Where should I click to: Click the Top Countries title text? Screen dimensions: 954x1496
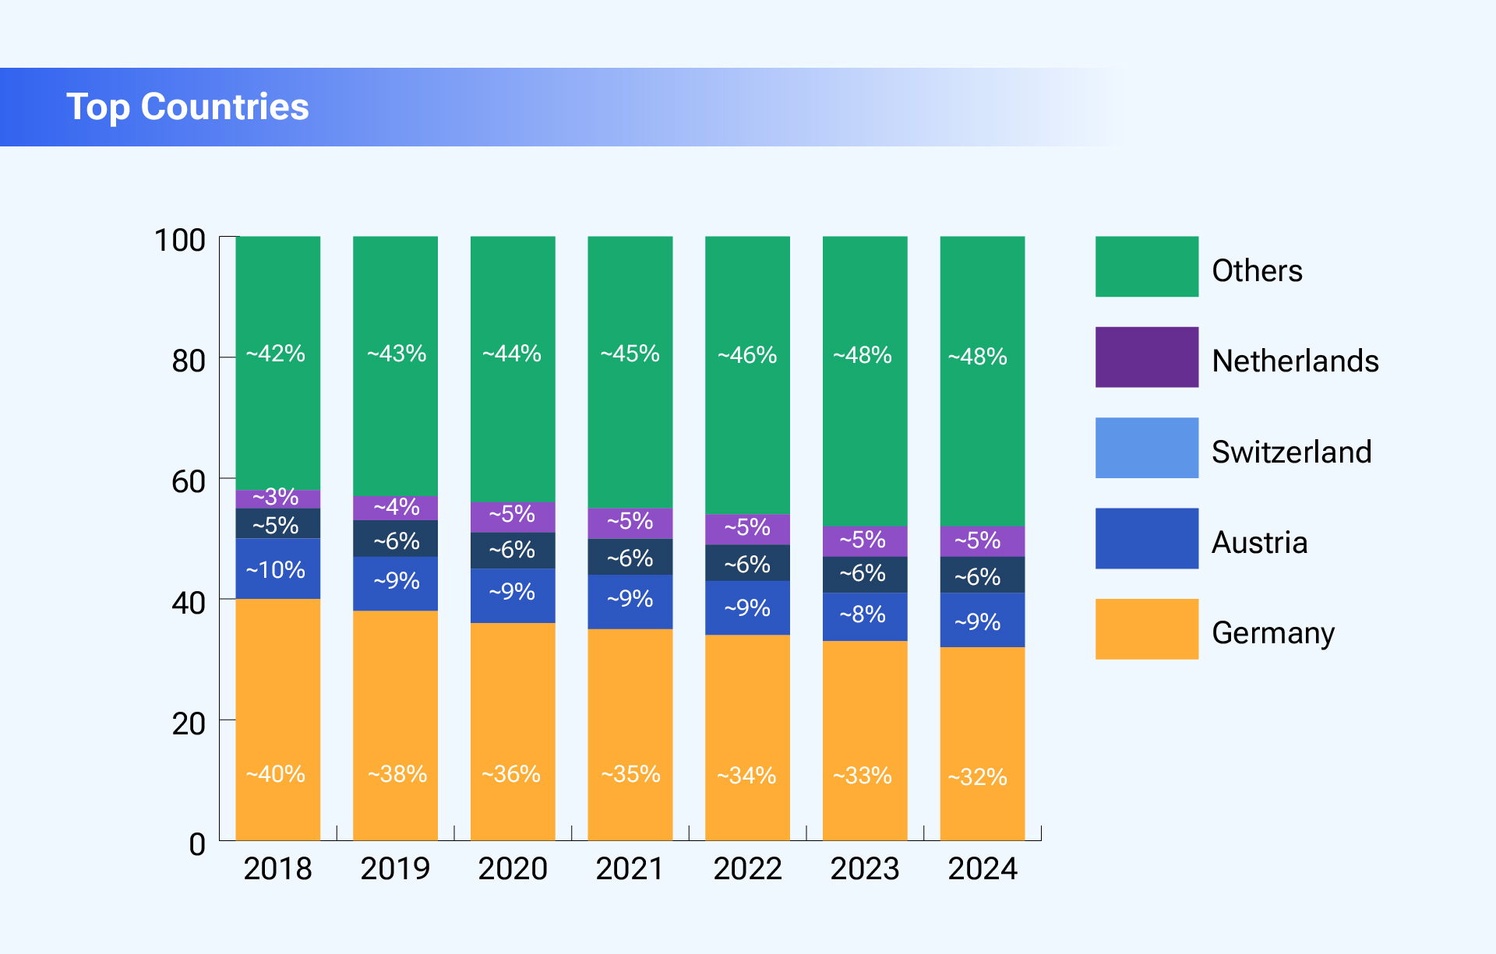click(x=187, y=107)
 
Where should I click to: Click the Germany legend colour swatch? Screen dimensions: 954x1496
click(x=1146, y=628)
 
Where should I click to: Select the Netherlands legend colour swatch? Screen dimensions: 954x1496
click(x=1146, y=357)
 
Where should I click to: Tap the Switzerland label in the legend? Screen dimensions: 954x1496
click(x=1291, y=452)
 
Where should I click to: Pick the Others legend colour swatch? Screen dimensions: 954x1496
click(x=1146, y=266)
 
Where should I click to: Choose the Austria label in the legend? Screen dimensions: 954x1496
click(x=1259, y=542)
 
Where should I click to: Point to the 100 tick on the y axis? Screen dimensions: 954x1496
click(x=180, y=240)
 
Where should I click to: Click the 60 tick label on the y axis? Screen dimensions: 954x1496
click(x=188, y=481)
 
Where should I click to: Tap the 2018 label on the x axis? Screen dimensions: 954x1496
click(x=277, y=868)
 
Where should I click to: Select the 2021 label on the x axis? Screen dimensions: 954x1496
click(x=630, y=868)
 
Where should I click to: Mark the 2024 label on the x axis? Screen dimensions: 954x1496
click(x=982, y=868)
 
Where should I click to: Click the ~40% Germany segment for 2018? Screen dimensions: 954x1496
click(x=278, y=719)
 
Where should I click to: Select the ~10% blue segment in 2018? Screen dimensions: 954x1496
click(x=278, y=569)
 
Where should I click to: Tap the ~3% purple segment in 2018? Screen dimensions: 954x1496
click(x=278, y=498)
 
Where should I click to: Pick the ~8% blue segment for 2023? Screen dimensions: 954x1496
click(x=865, y=617)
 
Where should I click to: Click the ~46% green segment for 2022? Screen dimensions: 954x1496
click(x=747, y=375)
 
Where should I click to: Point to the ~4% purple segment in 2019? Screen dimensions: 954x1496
click(x=395, y=508)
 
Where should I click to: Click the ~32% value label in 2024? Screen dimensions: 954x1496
click(x=977, y=776)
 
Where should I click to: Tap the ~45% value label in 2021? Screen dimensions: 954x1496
click(x=630, y=354)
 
